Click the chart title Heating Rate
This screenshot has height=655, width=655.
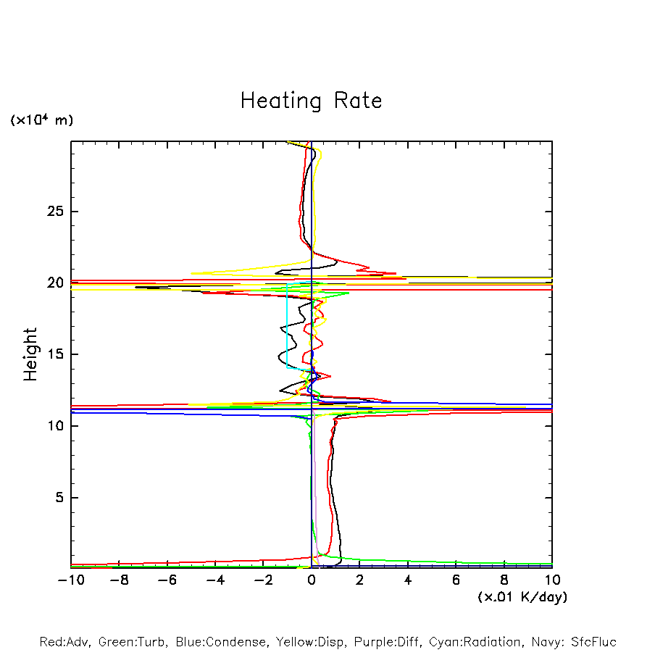point(311,100)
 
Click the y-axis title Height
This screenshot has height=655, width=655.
point(30,354)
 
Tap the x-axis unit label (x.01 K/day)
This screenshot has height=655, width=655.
point(522,597)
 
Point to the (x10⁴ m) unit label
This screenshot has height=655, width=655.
point(41,120)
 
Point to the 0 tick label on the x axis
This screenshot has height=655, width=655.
point(312,580)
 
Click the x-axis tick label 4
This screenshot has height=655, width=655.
point(408,580)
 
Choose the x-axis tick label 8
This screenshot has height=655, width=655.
point(504,580)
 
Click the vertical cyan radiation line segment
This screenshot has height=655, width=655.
point(287,326)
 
